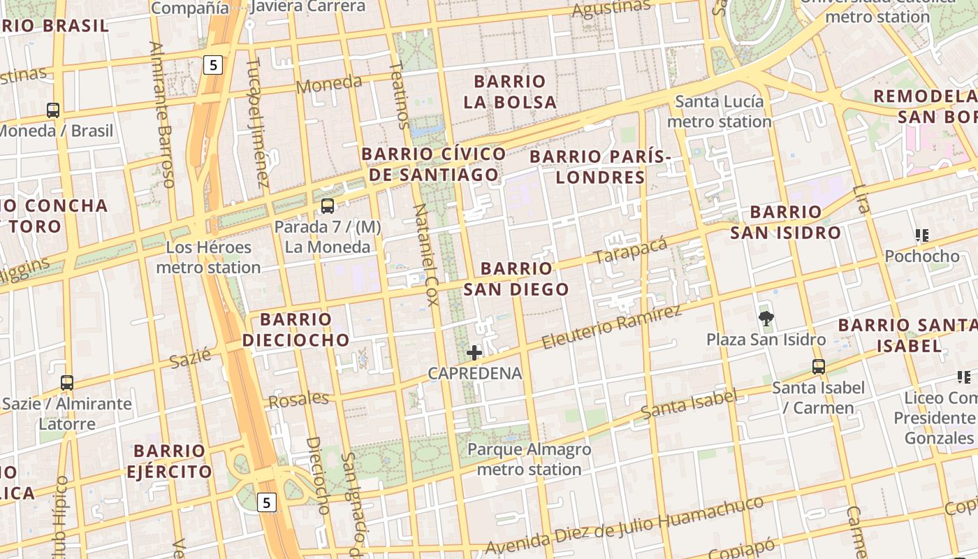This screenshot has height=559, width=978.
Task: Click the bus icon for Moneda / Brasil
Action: [x=53, y=110]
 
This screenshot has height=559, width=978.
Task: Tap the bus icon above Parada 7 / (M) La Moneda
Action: [x=327, y=206]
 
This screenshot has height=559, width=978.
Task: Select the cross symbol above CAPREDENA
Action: [x=474, y=353]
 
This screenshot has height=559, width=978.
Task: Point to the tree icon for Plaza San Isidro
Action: [x=766, y=319]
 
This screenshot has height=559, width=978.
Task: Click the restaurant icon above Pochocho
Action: [x=922, y=236]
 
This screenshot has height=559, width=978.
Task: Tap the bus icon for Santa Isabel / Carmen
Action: [x=818, y=366]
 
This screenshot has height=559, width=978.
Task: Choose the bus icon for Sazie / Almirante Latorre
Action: [x=67, y=383]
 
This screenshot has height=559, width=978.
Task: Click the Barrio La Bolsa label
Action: [x=510, y=92]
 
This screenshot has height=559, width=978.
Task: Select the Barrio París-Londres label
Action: [x=600, y=167]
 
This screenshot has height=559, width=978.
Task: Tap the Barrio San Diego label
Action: [x=516, y=279]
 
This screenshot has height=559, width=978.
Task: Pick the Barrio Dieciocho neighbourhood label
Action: [x=295, y=330]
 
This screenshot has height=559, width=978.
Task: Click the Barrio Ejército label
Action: [x=169, y=460]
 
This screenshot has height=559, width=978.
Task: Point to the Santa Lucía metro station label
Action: [x=719, y=112]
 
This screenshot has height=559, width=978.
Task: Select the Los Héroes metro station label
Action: [x=208, y=257]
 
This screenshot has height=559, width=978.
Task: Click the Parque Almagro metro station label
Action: [x=529, y=459]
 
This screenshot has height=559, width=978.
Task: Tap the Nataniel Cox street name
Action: [x=425, y=254]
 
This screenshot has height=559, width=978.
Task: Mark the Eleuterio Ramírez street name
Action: [x=611, y=327]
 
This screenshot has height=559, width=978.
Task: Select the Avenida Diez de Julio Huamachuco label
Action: [x=625, y=525]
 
